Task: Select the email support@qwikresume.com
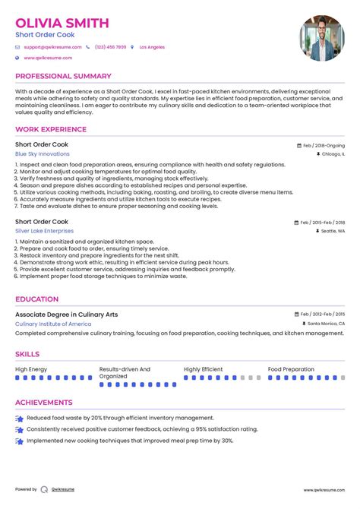48,47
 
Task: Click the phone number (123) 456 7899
111,47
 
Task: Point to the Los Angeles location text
152,47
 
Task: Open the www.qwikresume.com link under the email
48,58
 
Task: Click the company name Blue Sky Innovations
43,153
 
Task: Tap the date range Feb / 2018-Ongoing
323,145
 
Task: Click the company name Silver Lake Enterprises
45,230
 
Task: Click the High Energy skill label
31,369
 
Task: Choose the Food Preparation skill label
291,369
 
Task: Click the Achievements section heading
44,403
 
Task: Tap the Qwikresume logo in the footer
44,490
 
